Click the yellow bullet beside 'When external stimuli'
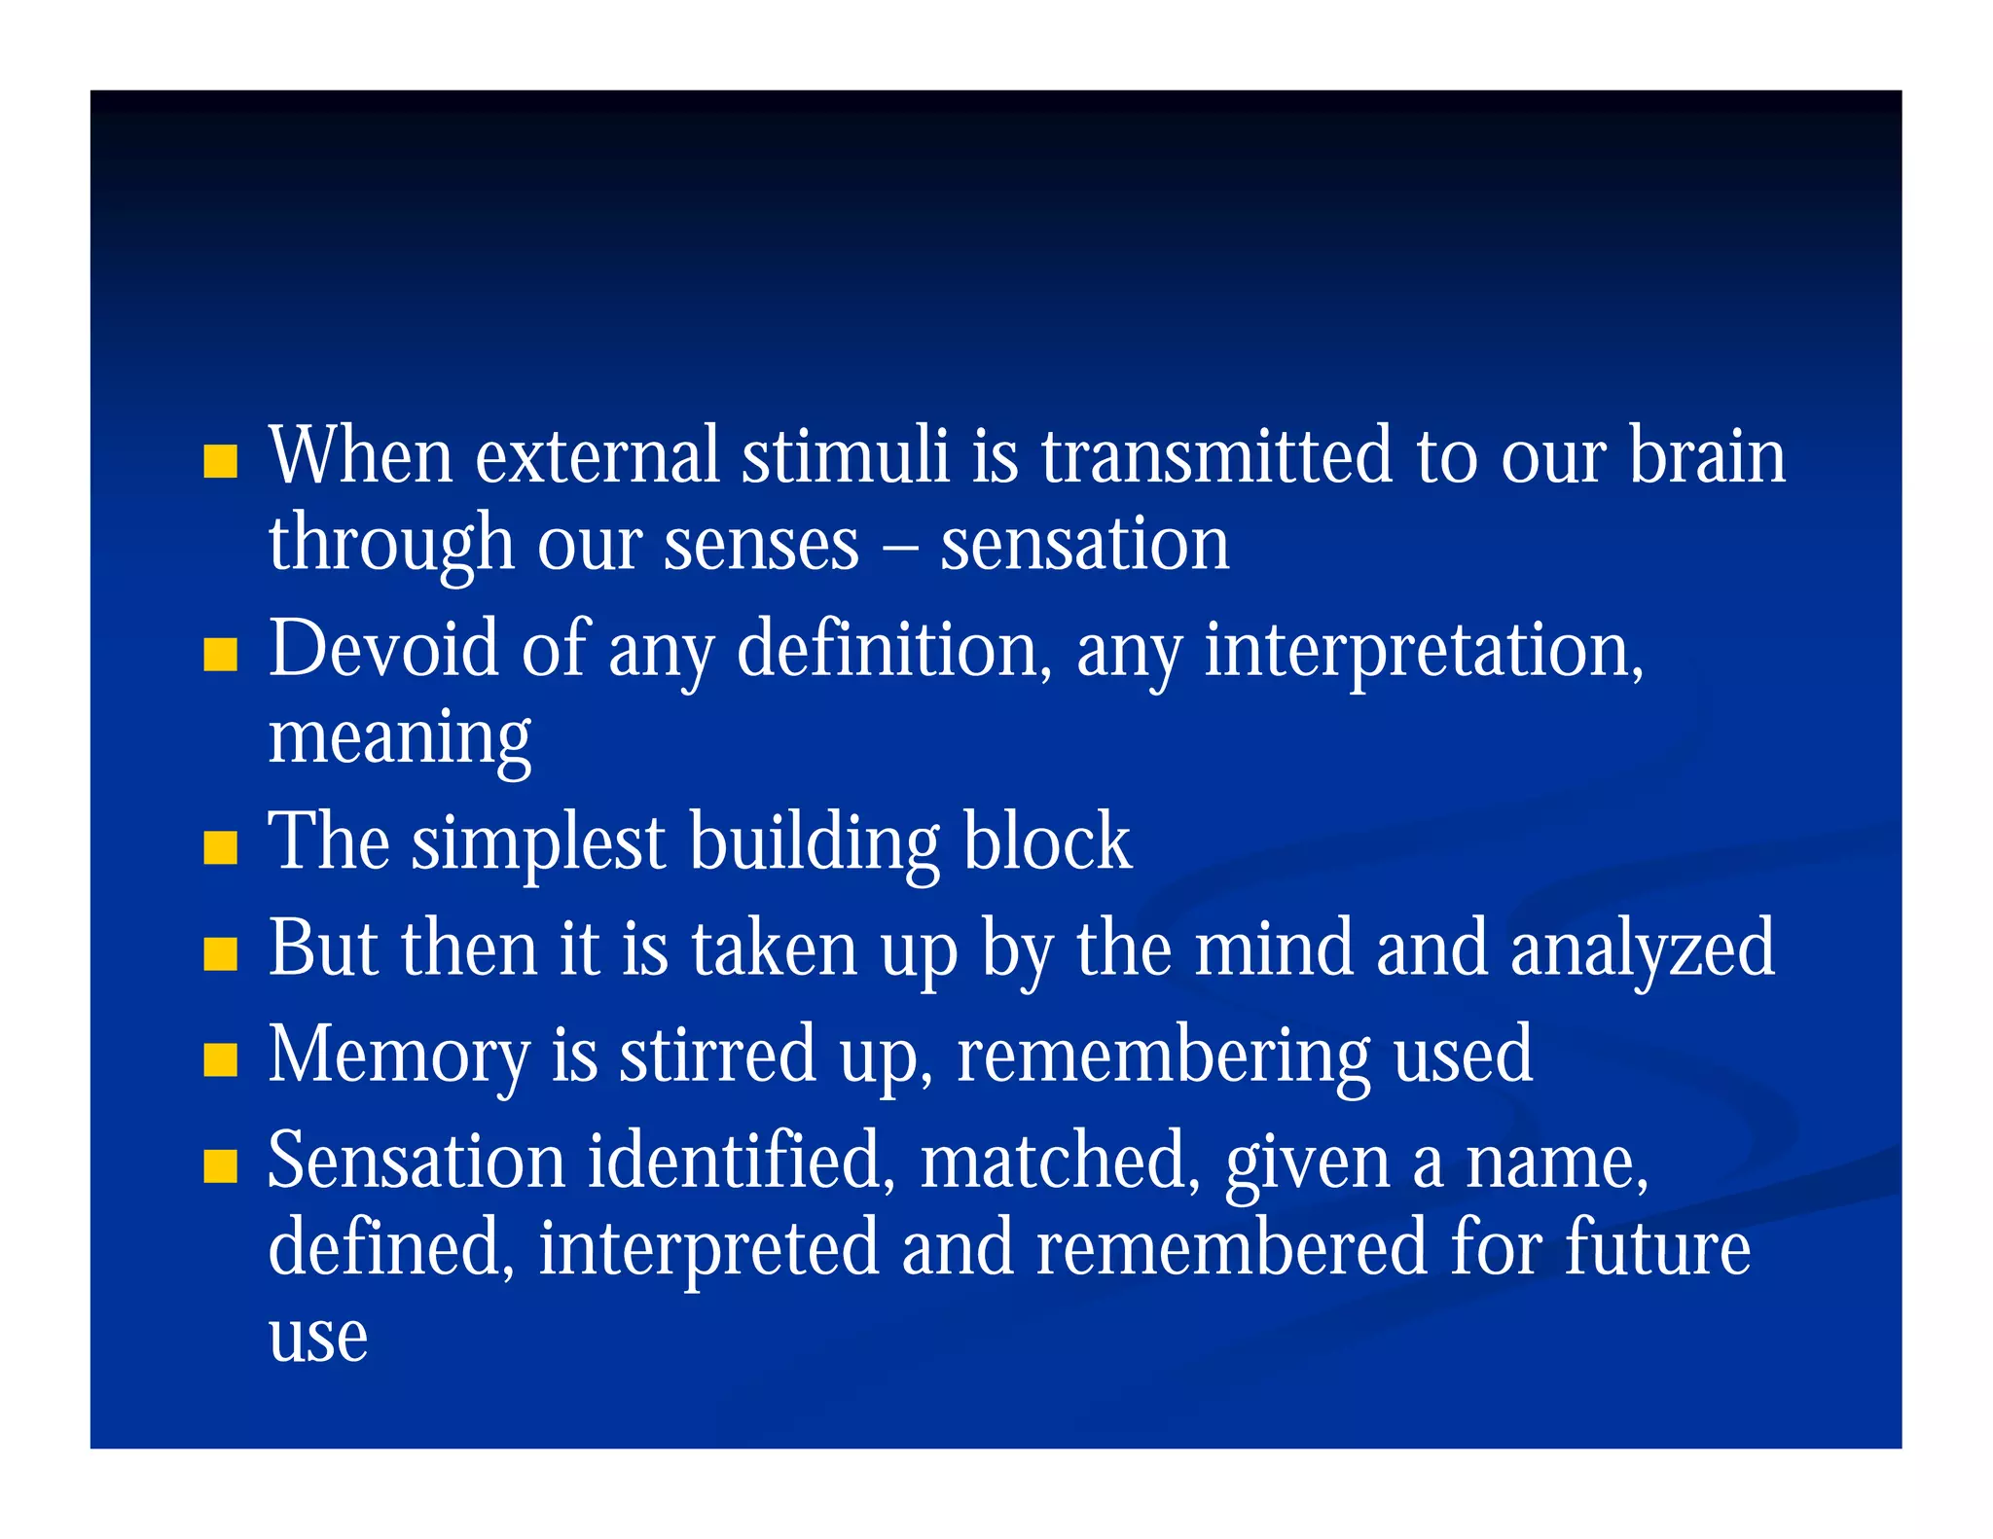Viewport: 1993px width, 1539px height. pos(221,461)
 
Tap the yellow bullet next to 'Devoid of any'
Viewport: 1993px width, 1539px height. pos(221,655)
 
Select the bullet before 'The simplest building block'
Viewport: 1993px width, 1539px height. pos(221,847)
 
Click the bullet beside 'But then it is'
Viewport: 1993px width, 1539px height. pos(221,954)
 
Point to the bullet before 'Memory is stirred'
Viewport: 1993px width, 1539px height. pos(221,1060)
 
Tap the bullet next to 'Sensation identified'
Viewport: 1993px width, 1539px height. pos(221,1165)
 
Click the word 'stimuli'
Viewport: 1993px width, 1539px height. pos(845,455)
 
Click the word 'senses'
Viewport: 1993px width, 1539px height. pos(761,545)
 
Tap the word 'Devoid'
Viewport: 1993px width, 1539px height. pos(383,649)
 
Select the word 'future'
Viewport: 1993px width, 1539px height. pos(1657,1248)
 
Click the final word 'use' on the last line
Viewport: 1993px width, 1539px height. pos(318,1338)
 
